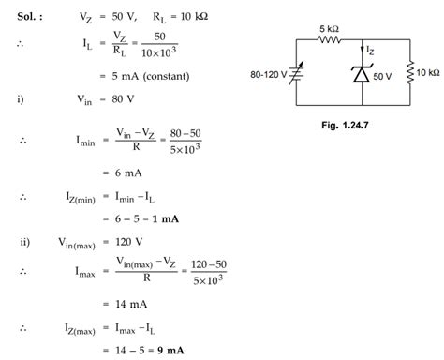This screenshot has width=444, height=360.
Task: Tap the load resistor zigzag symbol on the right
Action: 411,74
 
